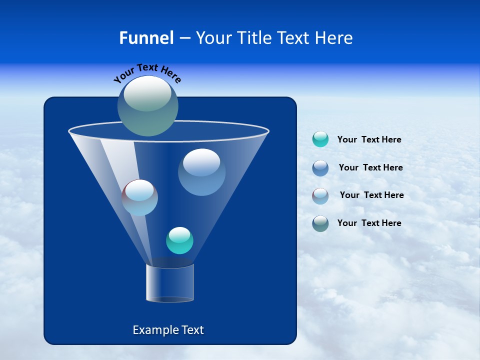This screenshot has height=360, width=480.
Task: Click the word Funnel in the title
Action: [x=146, y=38]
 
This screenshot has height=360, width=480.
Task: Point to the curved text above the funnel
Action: [x=147, y=72]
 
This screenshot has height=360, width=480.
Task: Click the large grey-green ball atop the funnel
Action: [x=148, y=106]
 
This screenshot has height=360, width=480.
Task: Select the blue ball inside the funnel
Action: [x=201, y=172]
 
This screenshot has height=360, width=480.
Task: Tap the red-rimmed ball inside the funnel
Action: [x=140, y=197]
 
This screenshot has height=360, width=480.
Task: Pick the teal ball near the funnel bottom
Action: [x=179, y=240]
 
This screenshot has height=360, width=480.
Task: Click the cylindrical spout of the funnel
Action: [x=170, y=283]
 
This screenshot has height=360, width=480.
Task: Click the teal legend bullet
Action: [x=320, y=139]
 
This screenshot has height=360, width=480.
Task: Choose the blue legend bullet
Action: [x=320, y=167]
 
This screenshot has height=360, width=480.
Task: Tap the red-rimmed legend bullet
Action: [x=320, y=195]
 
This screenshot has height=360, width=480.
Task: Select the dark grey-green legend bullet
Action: [x=320, y=223]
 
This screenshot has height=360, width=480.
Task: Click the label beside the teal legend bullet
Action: [x=369, y=140]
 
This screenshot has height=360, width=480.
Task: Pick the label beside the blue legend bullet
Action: [x=370, y=168]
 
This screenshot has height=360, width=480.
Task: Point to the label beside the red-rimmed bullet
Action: [x=371, y=195]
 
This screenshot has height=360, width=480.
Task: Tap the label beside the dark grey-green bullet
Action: [x=369, y=223]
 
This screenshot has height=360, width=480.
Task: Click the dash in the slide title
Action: [x=184, y=38]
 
